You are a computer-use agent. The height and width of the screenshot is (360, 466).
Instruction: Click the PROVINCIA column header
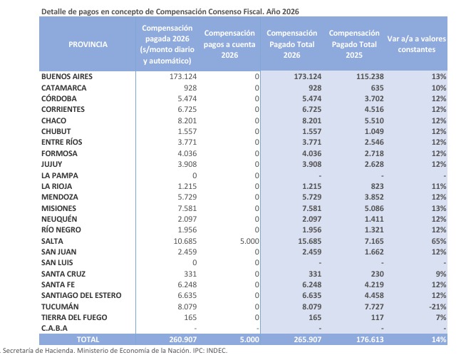click(x=88, y=44)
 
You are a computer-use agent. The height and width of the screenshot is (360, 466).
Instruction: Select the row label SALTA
click(x=52, y=241)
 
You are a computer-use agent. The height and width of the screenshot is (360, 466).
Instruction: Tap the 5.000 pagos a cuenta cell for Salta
click(x=249, y=241)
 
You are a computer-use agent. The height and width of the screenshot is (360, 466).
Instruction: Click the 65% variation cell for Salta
click(x=439, y=241)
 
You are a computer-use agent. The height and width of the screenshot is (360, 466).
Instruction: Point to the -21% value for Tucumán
click(x=437, y=307)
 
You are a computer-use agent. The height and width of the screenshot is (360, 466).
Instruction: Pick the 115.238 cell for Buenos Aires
click(x=370, y=76)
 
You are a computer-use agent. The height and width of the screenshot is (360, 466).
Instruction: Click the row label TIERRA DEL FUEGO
click(x=74, y=317)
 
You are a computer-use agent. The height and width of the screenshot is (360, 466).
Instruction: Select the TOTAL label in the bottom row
click(x=88, y=339)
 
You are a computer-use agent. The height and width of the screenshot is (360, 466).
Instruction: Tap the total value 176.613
click(x=370, y=339)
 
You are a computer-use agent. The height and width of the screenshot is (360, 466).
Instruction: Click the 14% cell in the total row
click(x=439, y=339)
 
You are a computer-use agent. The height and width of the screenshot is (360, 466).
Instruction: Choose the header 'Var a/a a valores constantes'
click(x=416, y=44)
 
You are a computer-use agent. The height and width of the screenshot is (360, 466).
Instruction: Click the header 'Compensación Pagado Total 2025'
click(x=354, y=44)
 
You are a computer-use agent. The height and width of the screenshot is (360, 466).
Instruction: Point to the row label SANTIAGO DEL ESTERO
click(x=81, y=295)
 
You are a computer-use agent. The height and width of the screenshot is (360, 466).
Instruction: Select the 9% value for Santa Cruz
click(x=441, y=274)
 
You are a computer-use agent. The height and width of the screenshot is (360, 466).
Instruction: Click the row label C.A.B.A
click(x=54, y=328)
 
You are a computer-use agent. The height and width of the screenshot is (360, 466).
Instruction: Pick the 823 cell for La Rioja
click(x=377, y=186)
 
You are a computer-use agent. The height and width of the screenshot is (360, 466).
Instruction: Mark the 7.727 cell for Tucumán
click(x=374, y=307)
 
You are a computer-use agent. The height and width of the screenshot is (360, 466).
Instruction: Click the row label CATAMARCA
click(x=64, y=88)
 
